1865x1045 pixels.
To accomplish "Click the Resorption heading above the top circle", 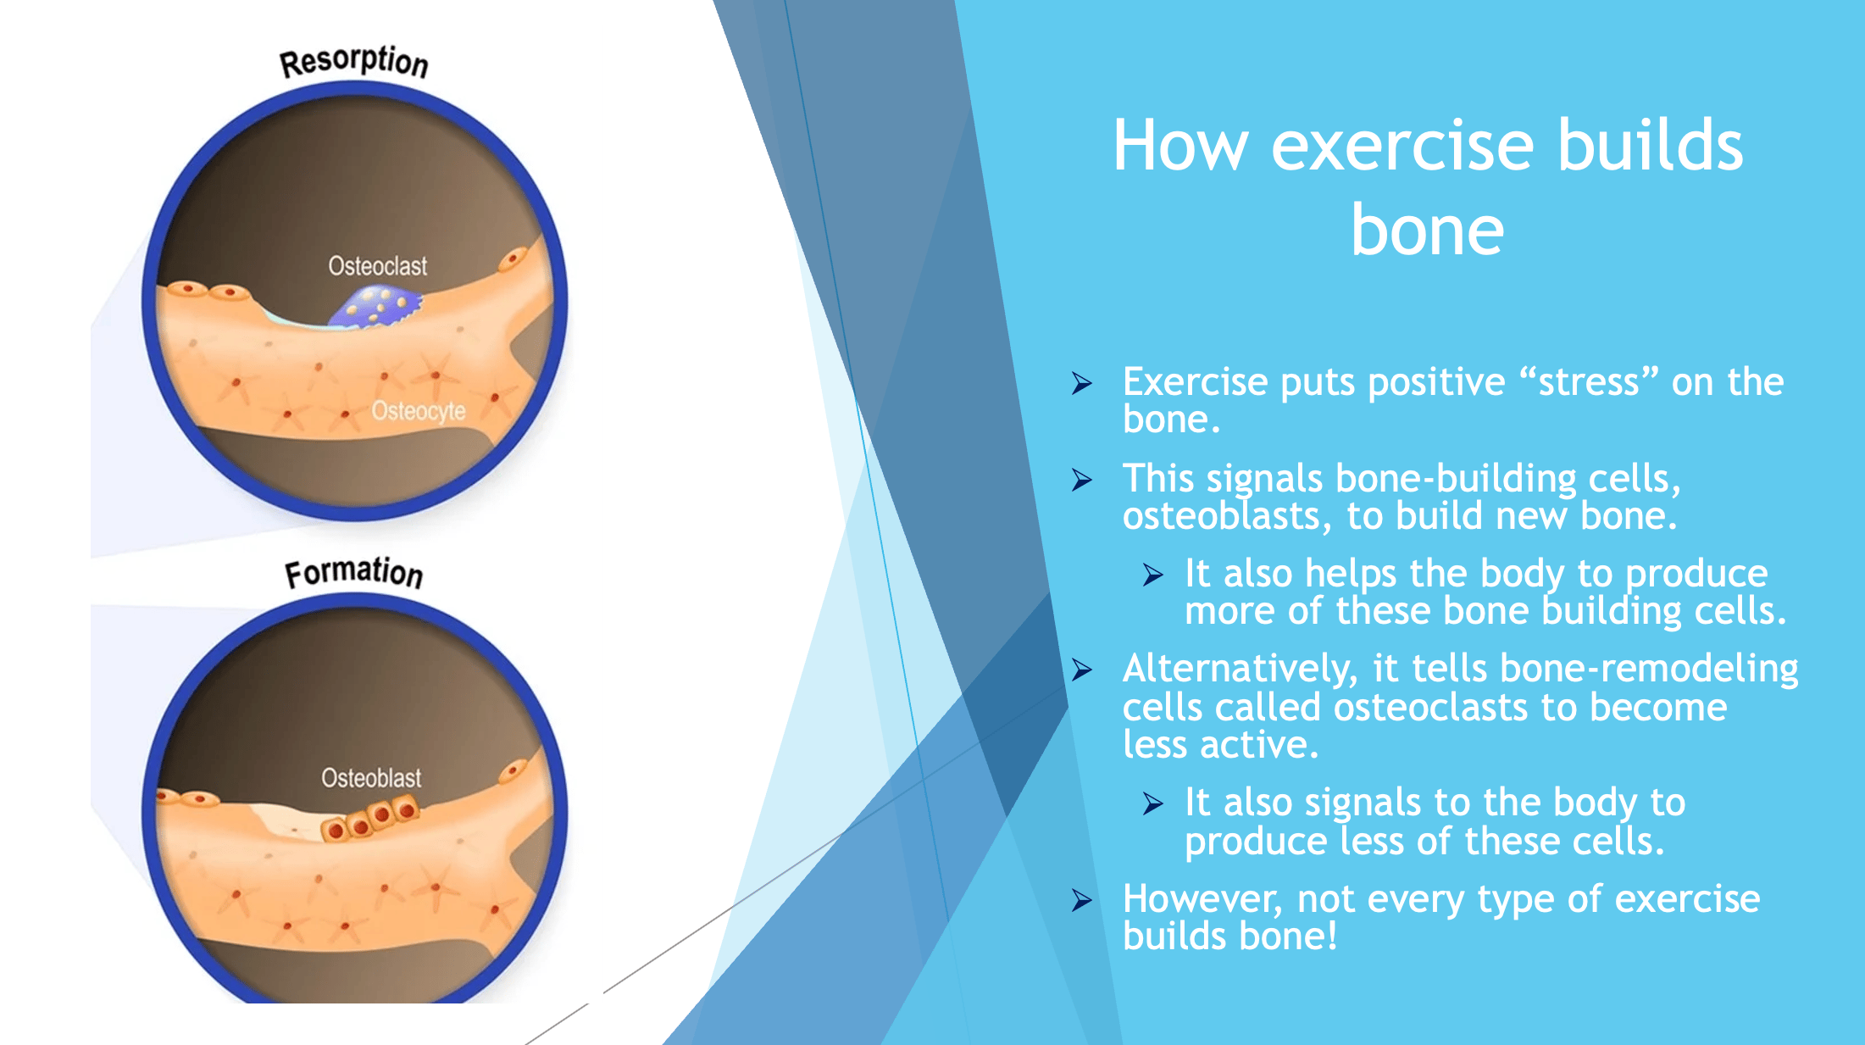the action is tap(354, 62).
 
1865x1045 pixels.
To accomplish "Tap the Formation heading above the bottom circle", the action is tap(354, 573).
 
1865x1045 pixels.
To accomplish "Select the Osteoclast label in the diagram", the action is tap(377, 266).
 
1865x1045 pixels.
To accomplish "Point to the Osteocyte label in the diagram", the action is tap(419, 411).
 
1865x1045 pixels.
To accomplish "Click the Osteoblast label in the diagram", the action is tap(371, 777).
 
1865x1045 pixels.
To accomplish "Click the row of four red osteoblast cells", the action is tap(370, 818).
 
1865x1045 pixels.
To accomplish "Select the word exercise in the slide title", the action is tap(1402, 146).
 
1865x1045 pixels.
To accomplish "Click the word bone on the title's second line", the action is tap(1428, 231).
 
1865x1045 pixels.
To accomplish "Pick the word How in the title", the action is tap(1181, 146).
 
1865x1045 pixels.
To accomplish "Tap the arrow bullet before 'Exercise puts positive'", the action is tap(1082, 383).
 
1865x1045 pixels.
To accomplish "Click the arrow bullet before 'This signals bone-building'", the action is tap(1082, 480).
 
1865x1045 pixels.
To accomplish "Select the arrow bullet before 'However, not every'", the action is tap(1082, 900).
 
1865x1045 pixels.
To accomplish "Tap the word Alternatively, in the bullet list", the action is tap(1241, 669).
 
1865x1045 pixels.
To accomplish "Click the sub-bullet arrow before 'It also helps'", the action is tap(1153, 575).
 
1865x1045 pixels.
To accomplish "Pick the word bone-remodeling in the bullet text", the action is tap(1649, 669).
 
